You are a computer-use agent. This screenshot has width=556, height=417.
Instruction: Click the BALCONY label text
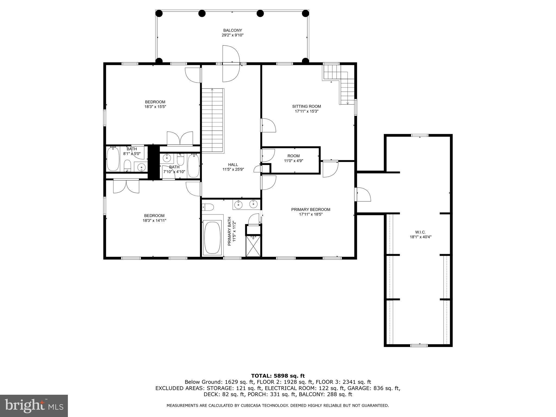click(232, 30)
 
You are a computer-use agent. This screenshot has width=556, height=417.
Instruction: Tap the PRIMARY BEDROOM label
click(311, 209)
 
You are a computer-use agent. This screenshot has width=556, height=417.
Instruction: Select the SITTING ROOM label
click(307, 106)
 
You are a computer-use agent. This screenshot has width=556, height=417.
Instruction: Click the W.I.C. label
click(420, 232)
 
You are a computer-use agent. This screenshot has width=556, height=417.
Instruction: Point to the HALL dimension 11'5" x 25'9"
click(233, 169)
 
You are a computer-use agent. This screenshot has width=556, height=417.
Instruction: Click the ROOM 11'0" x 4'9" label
click(293, 158)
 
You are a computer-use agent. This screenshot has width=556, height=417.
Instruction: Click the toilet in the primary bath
click(208, 207)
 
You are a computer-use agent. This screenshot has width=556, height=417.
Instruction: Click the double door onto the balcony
click(231, 64)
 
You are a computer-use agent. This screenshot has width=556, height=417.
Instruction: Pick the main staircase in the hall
click(212, 121)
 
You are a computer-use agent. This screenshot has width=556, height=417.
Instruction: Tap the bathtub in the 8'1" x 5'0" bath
click(113, 159)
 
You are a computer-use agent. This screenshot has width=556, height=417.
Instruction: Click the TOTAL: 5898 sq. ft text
click(278, 376)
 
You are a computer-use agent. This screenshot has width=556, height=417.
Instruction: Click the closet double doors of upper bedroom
click(180, 138)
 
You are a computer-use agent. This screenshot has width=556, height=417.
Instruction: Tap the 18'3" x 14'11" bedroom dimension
click(154, 220)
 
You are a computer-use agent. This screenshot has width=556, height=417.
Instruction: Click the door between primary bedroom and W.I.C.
click(363, 194)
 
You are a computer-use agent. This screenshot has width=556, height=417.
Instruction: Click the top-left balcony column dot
click(159, 13)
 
